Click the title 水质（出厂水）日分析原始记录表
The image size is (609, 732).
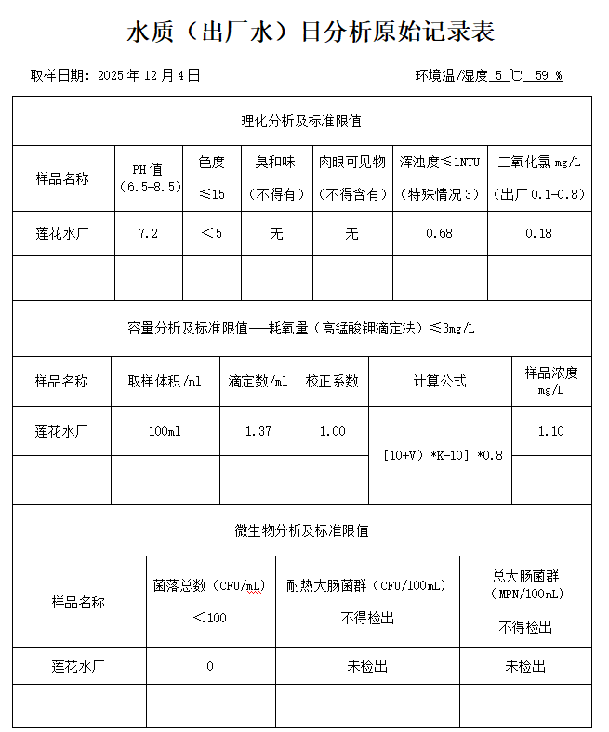(311, 33)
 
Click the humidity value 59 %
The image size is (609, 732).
(548, 75)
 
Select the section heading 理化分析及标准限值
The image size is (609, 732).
(301, 121)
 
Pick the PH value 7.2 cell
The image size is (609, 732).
(148, 233)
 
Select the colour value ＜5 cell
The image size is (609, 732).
(211, 233)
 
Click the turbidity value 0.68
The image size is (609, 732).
(439, 233)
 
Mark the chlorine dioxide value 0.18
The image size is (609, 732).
(538, 233)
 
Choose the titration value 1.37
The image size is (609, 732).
(258, 431)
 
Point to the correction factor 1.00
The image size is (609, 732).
(332, 431)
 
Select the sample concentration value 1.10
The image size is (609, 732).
(550, 431)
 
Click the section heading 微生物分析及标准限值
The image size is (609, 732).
(301, 530)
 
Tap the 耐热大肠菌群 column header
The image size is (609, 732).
(366, 586)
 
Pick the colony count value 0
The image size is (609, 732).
(210, 666)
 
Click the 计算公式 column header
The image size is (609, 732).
(440, 381)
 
